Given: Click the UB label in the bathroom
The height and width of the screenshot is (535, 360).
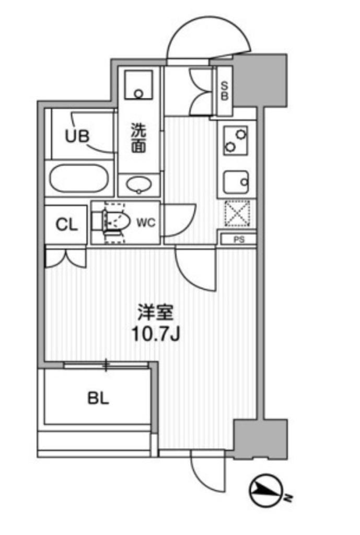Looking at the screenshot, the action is pyautogui.click(x=77, y=136).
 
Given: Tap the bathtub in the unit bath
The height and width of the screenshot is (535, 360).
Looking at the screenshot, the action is pyautogui.click(x=79, y=179).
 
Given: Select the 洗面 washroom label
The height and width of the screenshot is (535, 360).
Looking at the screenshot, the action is pyautogui.click(x=138, y=137).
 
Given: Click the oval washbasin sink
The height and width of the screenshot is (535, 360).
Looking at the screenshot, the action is pyautogui.click(x=139, y=184).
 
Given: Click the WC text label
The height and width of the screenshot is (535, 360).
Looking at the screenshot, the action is pyautogui.click(x=146, y=223).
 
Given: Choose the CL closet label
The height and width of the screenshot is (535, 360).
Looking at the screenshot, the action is pyautogui.click(x=66, y=225).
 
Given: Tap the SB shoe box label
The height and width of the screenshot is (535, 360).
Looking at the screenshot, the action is pyautogui.click(x=224, y=90).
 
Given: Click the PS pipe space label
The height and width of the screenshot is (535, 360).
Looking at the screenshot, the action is pyautogui.click(x=239, y=239).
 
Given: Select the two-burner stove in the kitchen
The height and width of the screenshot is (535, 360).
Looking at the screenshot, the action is pyautogui.click(x=236, y=140).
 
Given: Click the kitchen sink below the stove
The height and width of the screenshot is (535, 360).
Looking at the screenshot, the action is pyautogui.click(x=236, y=182).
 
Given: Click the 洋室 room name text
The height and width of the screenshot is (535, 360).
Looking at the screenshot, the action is pyautogui.click(x=155, y=312).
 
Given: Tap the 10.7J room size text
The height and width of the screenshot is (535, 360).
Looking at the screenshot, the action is pyautogui.click(x=155, y=335).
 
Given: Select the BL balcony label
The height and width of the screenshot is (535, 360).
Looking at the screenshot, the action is pyautogui.click(x=98, y=398).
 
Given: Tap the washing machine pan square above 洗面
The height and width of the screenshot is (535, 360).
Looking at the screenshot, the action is pyautogui.click(x=138, y=85).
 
